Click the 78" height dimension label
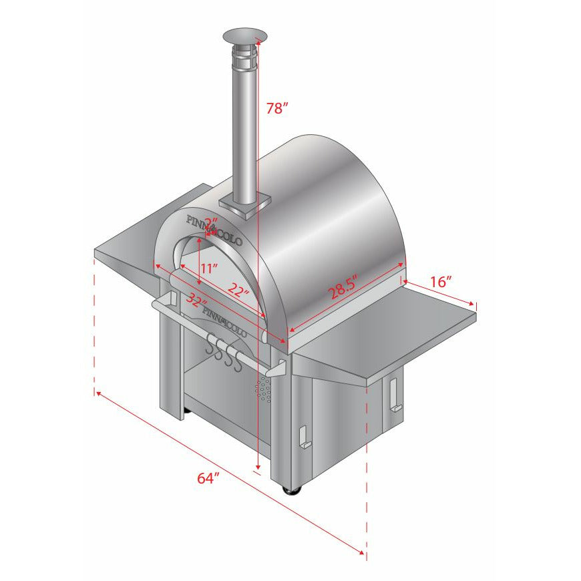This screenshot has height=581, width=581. pos(276,109)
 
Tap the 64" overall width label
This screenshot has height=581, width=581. pos(208,478)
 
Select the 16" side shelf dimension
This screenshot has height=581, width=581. pos(441,282)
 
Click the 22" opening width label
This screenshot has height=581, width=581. pos(236,289)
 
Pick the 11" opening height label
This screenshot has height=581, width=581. pos(210,268)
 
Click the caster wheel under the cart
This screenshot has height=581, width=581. pos(293,491)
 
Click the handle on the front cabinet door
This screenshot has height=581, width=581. pos(305,437)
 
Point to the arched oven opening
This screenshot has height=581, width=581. pos(200,260)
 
